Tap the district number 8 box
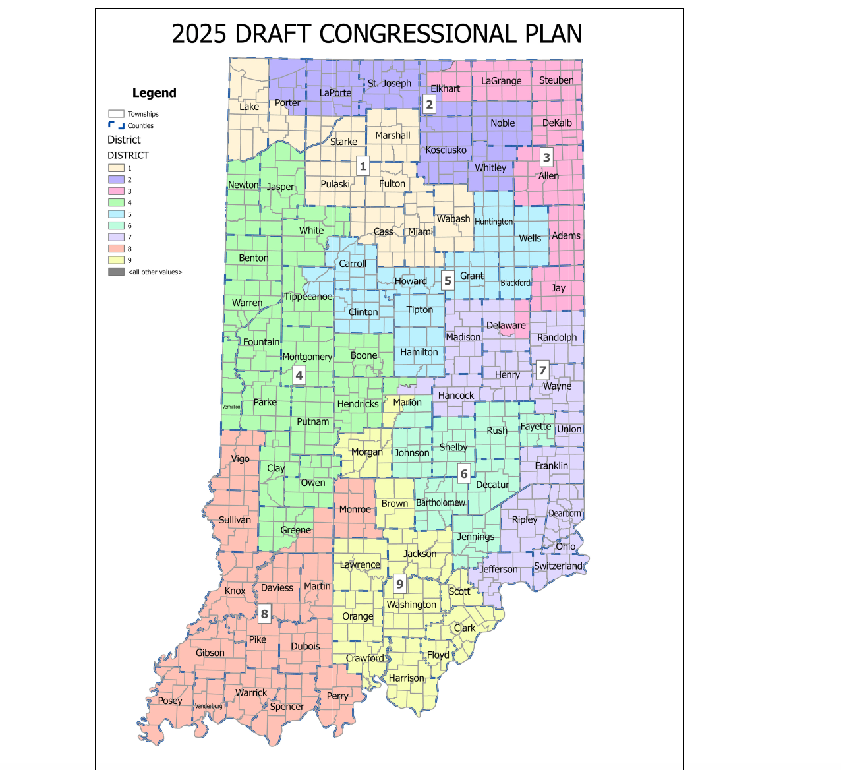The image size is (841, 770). pyautogui.click(x=264, y=614)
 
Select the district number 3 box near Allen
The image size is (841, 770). pyautogui.click(x=546, y=158)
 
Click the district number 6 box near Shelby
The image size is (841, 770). pyautogui.click(x=464, y=473)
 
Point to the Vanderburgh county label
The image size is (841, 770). pyautogui.click(x=210, y=706)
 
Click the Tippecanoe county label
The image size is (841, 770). pyautogui.click(x=308, y=297)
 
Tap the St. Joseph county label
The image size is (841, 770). pyautogui.click(x=389, y=84)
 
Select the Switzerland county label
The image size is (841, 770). pyautogui.click(x=558, y=566)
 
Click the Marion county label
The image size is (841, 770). pyautogui.click(x=407, y=402)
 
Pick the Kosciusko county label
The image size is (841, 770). pyautogui.click(x=446, y=150)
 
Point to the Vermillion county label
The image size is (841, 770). pyautogui.click(x=231, y=407)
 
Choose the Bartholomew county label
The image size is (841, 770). pyautogui.click(x=440, y=502)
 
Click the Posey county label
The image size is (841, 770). pyautogui.click(x=170, y=701)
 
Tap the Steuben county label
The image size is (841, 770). pyautogui.click(x=556, y=80)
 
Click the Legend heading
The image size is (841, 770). pyautogui.click(x=154, y=93)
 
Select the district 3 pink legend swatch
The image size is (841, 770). pyautogui.click(x=116, y=191)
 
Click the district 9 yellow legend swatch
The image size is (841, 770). pyautogui.click(x=116, y=260)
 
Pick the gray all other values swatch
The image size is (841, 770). pyautogui.click(x=116, y=272)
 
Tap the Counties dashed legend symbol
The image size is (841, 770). pyautogui.click(x=116, y=125)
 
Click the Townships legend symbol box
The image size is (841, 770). pyautogui.click(x=116, y=114)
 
